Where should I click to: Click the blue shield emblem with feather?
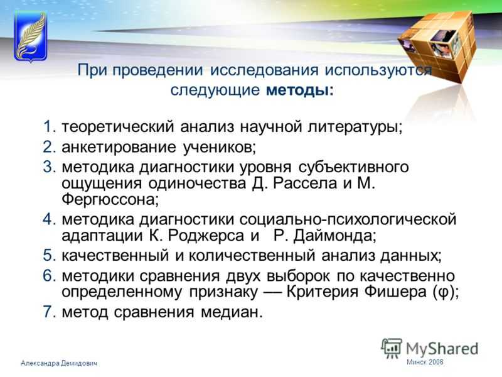[31, 36]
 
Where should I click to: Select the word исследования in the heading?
[264, 70]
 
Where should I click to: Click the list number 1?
[50, 126]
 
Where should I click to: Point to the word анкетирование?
[119, 147]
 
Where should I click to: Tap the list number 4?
[50, 219]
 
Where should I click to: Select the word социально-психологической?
[348, 219]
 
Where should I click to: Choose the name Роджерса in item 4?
[206, 236]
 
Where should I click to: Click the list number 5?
[50, 256]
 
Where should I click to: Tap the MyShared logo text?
[442, 349]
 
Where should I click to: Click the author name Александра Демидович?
[59, 363]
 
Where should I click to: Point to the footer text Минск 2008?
[425, 362]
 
